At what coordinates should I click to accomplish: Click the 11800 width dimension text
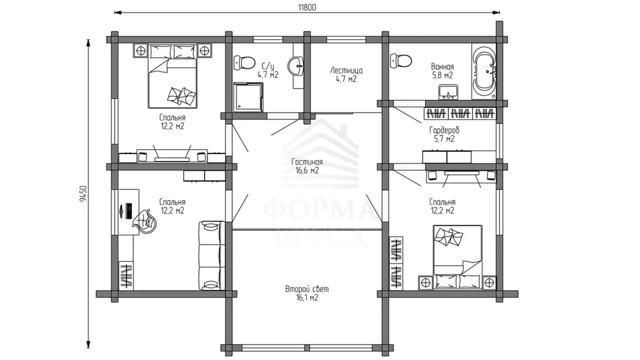point(307,7)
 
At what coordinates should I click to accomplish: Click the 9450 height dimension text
point(83,194)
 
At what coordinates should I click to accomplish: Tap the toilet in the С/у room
point(244,63)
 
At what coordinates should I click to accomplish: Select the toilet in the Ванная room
point(400,61)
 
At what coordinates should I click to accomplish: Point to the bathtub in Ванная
point(484,71)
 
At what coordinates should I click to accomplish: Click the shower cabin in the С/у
point(248,97)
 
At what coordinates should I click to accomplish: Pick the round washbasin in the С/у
point(296,66)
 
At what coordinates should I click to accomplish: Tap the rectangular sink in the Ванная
point(448,92)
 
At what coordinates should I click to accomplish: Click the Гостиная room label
point(307,162)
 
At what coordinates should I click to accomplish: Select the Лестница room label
point(346,71)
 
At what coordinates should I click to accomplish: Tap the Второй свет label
point(307,289)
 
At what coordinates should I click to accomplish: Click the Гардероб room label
point(444,130)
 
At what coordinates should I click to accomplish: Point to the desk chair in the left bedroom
point(144,221)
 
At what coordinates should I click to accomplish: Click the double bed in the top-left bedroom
point(173,76)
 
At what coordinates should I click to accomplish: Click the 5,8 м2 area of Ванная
point(443,75)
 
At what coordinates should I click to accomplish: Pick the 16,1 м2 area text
point(307,298)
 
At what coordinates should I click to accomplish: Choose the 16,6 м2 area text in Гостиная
point(307,171)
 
